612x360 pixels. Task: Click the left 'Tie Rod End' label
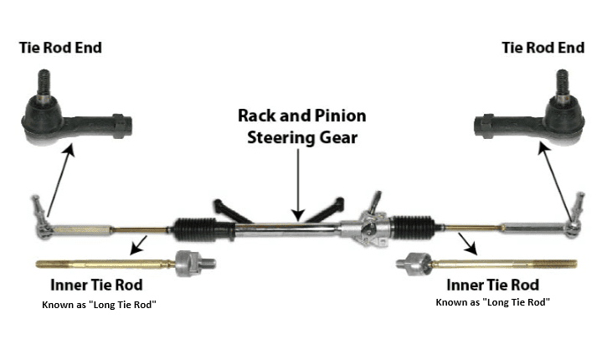60,47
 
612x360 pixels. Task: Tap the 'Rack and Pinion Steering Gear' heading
301,126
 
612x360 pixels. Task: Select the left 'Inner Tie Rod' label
95,285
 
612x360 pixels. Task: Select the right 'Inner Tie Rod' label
492,285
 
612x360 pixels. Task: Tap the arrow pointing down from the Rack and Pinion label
297,184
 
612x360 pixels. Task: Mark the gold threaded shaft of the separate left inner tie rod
100,265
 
